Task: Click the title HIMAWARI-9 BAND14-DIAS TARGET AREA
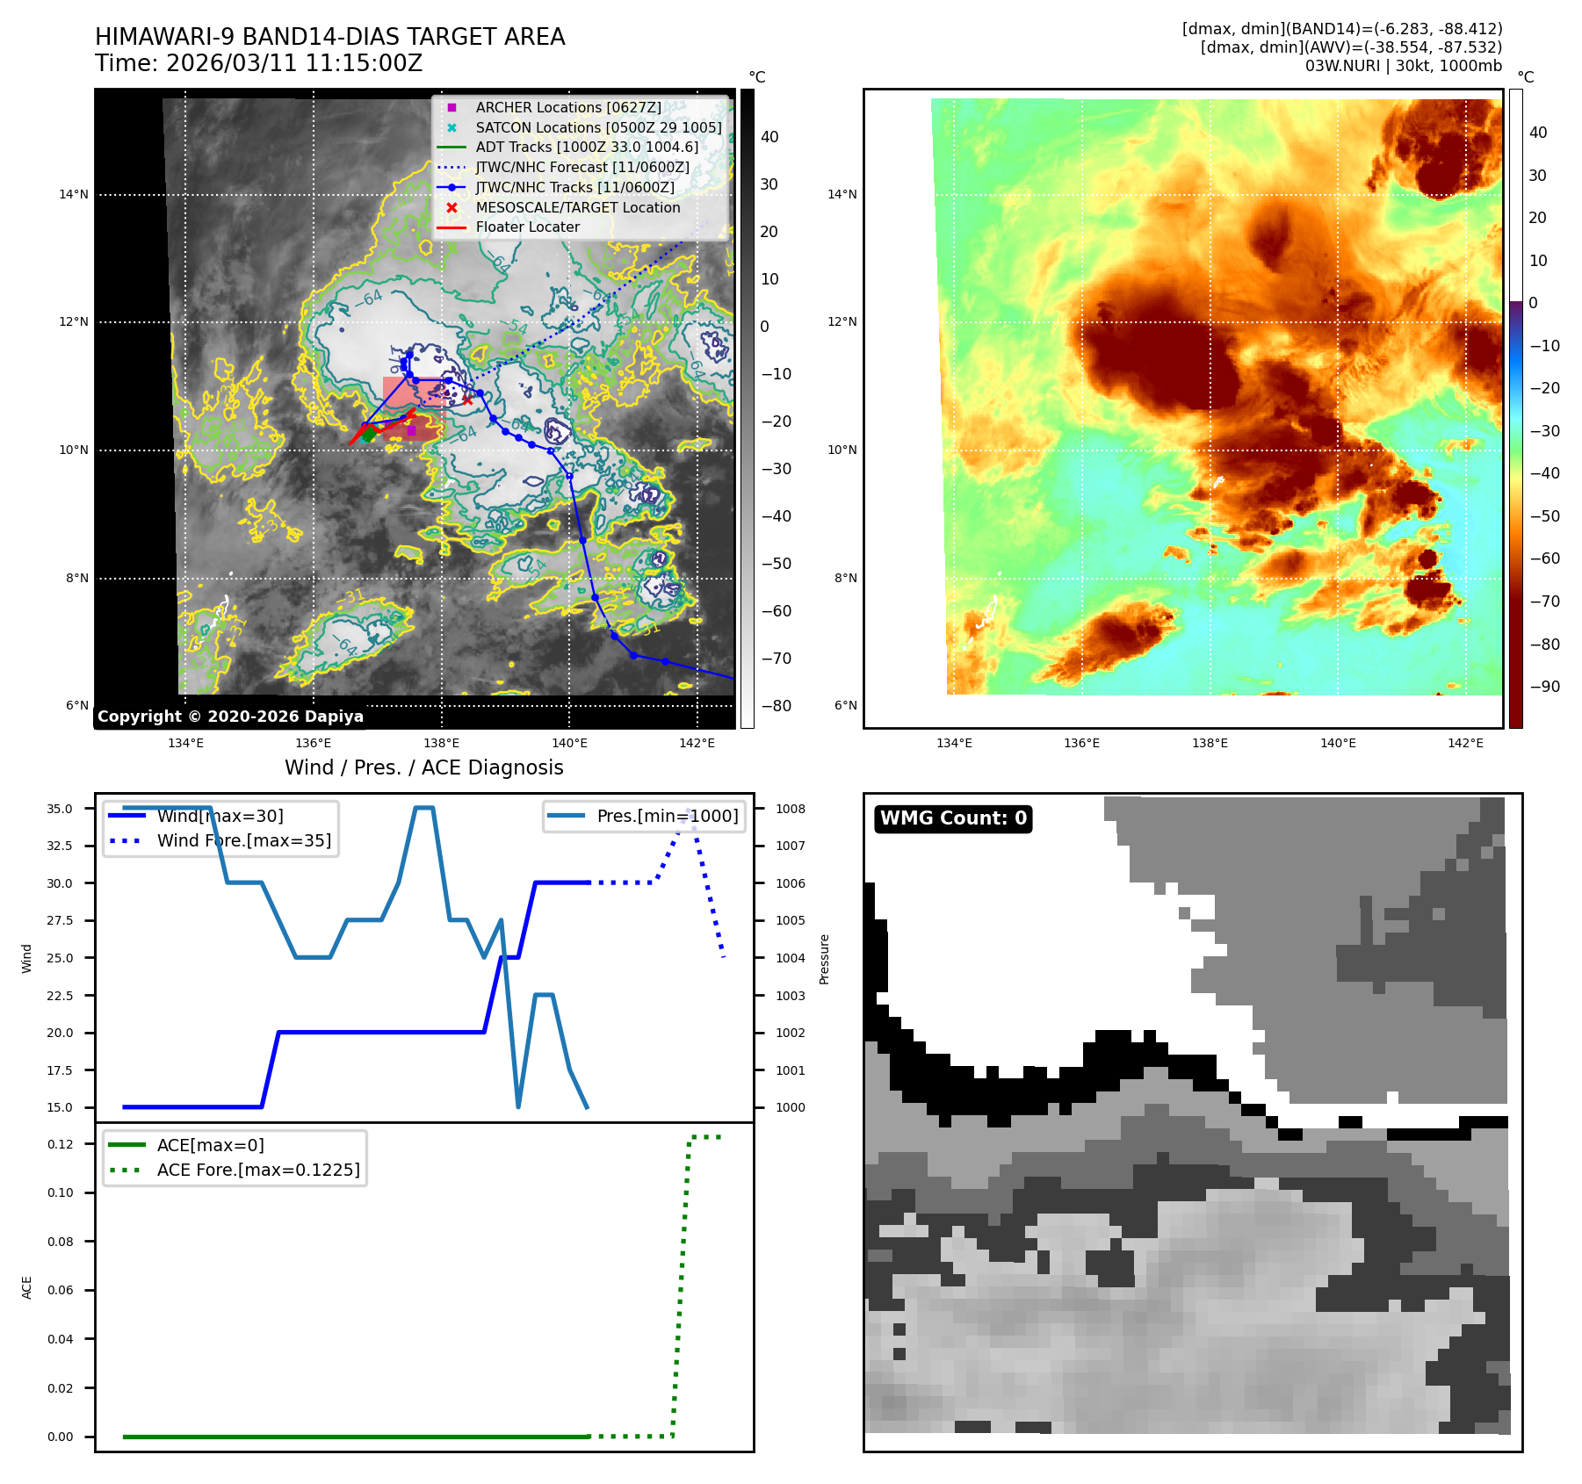point(329,37)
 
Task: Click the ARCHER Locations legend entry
point(567,107)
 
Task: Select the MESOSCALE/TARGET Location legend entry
point(577,207)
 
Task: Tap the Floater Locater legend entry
point(527,227)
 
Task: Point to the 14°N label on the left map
point(74,194)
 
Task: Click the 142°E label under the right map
point(1465,743)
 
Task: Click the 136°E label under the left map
point(314,743)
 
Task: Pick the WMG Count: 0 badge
point(953,818)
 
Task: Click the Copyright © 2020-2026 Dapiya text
point(230,717)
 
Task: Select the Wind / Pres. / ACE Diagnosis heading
point(423,767)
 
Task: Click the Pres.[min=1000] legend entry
point(667,816)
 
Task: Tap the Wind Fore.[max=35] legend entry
point(243,840)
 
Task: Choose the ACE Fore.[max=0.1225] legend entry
point(257,1170)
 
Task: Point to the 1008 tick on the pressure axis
point(790,809)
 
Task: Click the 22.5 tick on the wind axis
point(60,995)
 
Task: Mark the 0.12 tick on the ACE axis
point(61,1144)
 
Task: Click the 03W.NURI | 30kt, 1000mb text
point(1403,66)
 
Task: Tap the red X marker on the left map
point(466,400)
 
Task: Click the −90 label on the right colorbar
point(1544,687)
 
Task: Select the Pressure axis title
point(824,959)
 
